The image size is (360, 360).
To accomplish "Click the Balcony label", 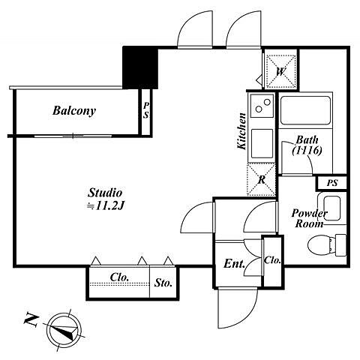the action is coord(74,111).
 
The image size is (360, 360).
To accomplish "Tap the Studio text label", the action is coord(105,193).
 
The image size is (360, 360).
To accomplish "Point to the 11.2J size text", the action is coord(105,206).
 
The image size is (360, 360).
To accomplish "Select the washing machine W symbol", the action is coord(280,72).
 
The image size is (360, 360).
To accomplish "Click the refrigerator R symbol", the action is coord(261,179).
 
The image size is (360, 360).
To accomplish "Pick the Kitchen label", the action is coord(241,131).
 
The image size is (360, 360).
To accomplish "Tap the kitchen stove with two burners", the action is coord(262,106).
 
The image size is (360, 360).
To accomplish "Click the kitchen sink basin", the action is coord(262,144).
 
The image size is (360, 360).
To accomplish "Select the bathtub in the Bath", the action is coord(305,110).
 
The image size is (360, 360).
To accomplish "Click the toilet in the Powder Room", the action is coord(327,245).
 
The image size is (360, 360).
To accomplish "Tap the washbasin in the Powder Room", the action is coord(332,208).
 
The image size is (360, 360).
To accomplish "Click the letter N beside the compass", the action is coord(31,319).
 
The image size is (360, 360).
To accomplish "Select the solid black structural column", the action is coord(140,67).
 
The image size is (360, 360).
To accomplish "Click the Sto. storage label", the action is coord(163,283).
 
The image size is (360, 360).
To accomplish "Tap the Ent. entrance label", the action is coord(234,264).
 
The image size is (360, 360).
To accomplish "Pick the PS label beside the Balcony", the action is coord(146,110).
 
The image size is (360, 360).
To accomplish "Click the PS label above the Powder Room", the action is coord(332,183).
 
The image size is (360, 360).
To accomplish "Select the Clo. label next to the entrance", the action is coord(272,260).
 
